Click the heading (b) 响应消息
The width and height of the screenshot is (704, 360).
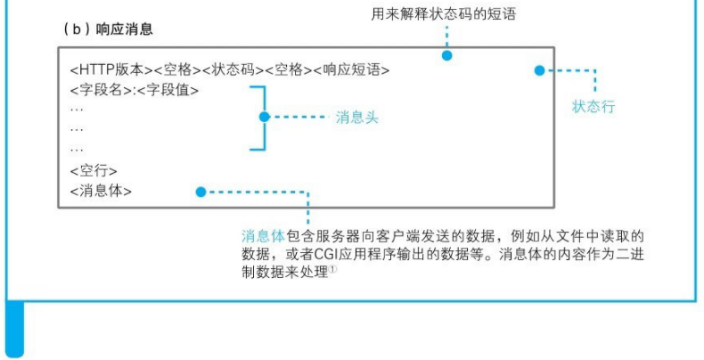click(108, 29)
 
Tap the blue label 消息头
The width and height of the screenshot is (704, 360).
click(357, 117)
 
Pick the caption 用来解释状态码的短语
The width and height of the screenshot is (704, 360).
click(444, 14)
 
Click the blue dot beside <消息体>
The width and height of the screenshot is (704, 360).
click(201, 191)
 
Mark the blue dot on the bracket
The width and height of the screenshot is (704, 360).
click(264, 117)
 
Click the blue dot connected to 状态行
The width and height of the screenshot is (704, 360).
click(539, 70)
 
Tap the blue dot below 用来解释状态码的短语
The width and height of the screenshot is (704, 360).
click(447, 55)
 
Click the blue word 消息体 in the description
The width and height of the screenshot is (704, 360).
click(263, 236)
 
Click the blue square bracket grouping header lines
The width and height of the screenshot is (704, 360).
click(258, 117)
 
